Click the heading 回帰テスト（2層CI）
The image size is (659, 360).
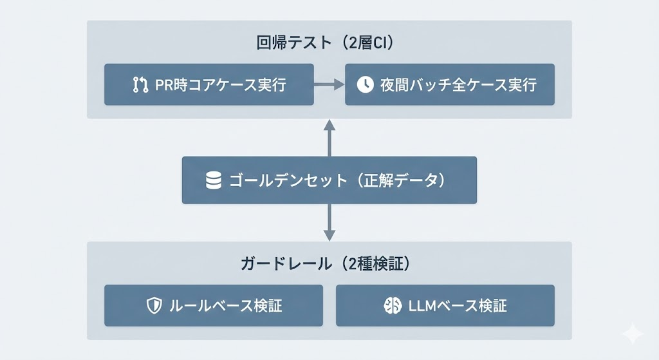tap(329, 44)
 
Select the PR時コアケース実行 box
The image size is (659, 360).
tap(209, 84)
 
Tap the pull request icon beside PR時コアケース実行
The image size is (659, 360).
tap(140, 85)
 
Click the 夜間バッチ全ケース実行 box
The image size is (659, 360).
tap(450, 84)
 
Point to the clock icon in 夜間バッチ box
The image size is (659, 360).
tap(365, 85)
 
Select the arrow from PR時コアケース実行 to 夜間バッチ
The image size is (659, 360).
tap(329, 84)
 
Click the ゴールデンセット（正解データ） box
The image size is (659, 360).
tap(329, 180)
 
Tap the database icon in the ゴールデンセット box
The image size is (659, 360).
tap(214, 180)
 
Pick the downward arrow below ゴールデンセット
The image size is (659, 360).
tap(329, 223)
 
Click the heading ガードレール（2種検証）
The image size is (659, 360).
tap(329, 264)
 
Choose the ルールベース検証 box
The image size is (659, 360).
tap(213, 305)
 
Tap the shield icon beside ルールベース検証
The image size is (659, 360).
tap(154, 305)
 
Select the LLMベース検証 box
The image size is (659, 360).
tap(445, 305)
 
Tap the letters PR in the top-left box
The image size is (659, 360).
tap(163, 85)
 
